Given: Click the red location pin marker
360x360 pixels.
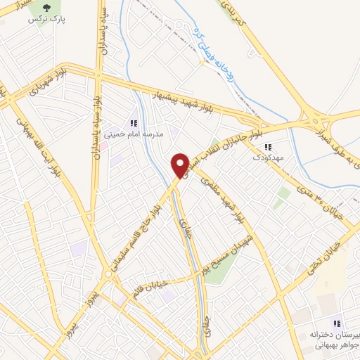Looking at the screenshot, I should point(181,164).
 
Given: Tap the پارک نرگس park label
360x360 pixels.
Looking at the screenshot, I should point(41,19).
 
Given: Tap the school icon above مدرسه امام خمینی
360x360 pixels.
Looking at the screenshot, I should point(134,123).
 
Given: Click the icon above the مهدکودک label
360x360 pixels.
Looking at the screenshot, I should point(268,148).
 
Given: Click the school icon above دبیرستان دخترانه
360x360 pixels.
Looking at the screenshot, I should point(337,323).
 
